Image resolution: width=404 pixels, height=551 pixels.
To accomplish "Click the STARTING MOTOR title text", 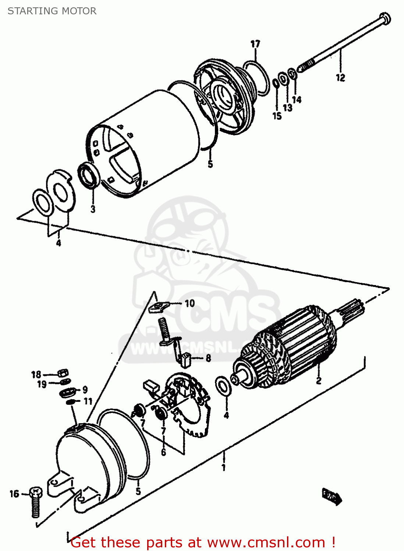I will (x=52, y=11).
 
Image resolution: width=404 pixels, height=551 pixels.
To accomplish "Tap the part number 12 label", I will (x=340, y=78).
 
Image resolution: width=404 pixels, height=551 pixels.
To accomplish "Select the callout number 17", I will (x=255, y=44).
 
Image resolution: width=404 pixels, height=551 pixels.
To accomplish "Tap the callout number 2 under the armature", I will (x=319, y=381).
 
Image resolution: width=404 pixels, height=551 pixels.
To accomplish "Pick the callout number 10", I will (x=189, y=303).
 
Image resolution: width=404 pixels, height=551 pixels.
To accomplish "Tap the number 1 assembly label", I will (x=223, y=467).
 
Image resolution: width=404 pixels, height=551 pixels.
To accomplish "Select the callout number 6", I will (x=163, y=452).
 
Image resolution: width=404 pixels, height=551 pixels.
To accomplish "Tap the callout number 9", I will (x=85, y=390).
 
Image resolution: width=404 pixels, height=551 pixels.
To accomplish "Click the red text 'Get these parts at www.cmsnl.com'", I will (x=203, y=542).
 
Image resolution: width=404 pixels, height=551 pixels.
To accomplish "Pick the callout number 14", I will (x=297, y=100).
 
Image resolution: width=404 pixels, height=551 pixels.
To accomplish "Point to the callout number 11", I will (x=88, y=401).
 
